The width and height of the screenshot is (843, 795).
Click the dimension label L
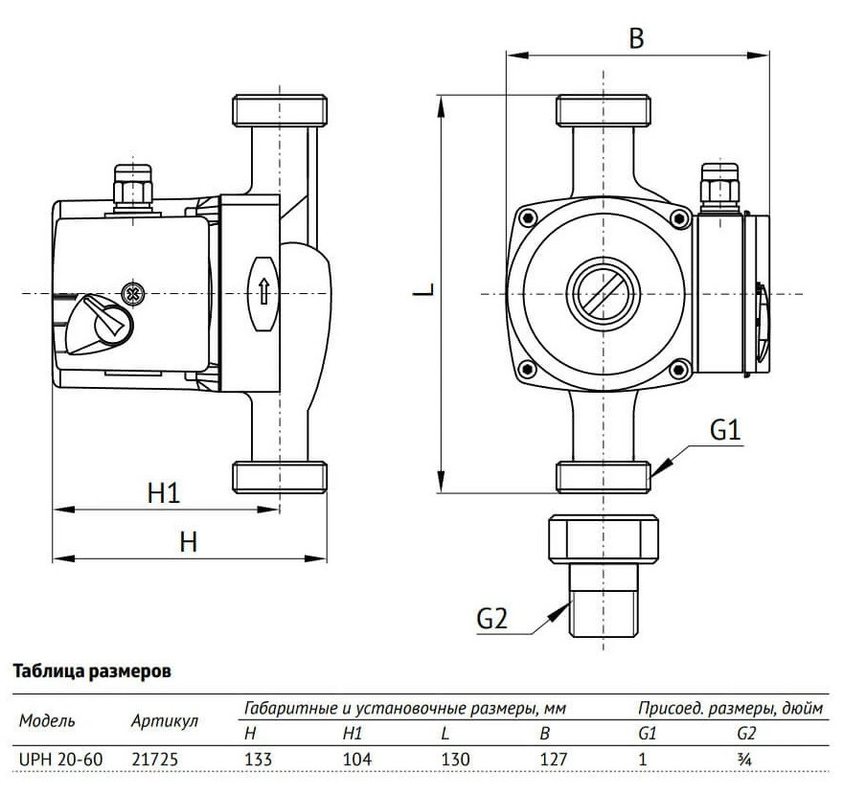pos(429,288)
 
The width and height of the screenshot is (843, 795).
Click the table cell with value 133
pos(259,759)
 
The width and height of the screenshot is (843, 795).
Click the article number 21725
pos(154,759)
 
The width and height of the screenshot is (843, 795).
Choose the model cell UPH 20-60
pos(54,759)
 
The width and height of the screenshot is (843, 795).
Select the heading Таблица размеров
pos(91,671)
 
